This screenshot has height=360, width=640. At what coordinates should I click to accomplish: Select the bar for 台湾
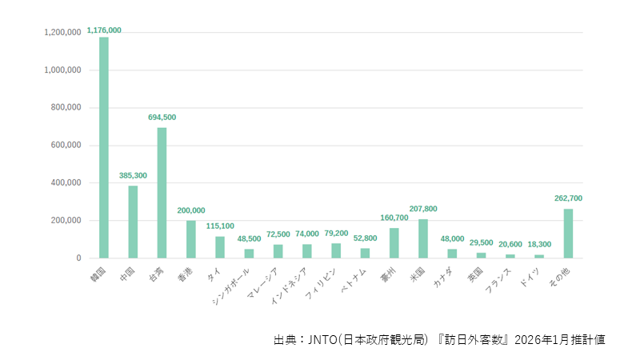(x=162, y=193)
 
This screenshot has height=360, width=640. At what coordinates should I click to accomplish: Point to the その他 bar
(x=568, y=234)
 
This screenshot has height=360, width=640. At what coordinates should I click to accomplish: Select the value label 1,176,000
(x=104, y=30)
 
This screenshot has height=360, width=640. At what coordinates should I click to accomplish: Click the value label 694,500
(x=162, y=118)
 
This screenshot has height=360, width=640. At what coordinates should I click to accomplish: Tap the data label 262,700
(x=568, y=198)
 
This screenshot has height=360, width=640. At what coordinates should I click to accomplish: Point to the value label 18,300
(x=539, y=245)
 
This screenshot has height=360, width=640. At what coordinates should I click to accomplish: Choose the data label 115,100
(x=220, y=226)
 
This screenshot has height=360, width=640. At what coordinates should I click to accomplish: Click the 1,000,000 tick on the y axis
(x=62, y=70)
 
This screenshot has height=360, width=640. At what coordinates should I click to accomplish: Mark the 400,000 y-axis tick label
(x=65, y=183)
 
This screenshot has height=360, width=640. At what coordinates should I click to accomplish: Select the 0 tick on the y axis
(x=78, y=258)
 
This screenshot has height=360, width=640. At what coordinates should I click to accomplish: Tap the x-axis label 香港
(x=187, y=274)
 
